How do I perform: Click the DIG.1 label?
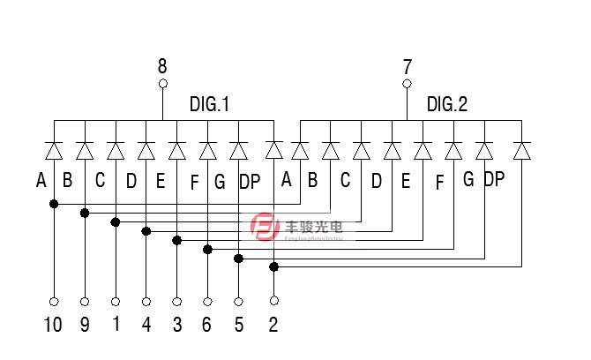pyautogui.click(x=209, y=105)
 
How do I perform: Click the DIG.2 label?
pyautogui.click(x=447, y=105)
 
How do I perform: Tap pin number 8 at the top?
pyautogui.click(x=162, y=65)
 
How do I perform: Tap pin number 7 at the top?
pyautogui.click(x=407, y=66)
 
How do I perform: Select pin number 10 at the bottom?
pyautogui.click(x=53, y=325)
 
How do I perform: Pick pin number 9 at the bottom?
pyautogui.click(x=85, y=325)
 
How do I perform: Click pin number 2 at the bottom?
pyautogui.click(x=273, y=325)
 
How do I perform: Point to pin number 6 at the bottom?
pyautogui.click(x=207, y=325)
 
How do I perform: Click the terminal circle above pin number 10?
pyautogui.click(x=53, y=299)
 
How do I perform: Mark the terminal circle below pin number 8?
pyautogui.click(x=162, y=85)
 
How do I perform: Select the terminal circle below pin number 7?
pyautogui.click(x=407, y=85)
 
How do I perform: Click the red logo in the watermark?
pyautogui.click(x=264, y=229)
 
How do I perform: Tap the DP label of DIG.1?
pyautogui.click(x=250, y=183)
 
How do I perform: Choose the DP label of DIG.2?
pyautogui.click(x=494, y=180)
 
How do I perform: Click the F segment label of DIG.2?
pyautogui.click(x=439, y=184)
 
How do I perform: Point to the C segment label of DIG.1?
pyautogui.click(x=100, y=181)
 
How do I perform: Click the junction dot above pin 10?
pyautogui.click(x=53, y=204)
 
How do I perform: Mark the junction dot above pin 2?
pyautogui.click(x=273, y=266)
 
